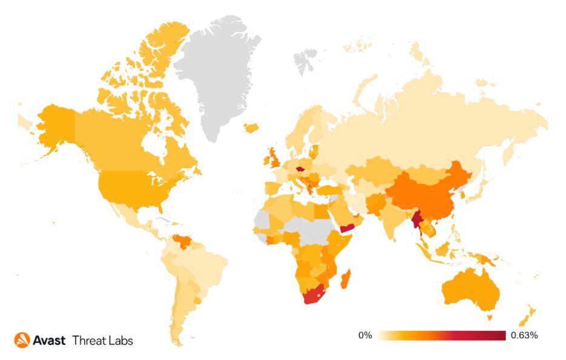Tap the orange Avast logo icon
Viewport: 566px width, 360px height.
(x=22, y=340)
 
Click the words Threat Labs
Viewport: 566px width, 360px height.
(x=102, y=340)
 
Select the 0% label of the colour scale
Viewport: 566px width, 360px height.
(x=364, y=335)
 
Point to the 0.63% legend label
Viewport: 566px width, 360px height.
(x=524, y=335)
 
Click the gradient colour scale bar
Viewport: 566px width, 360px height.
(x=442, y=335)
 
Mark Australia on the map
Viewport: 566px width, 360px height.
(x=472, y=290)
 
